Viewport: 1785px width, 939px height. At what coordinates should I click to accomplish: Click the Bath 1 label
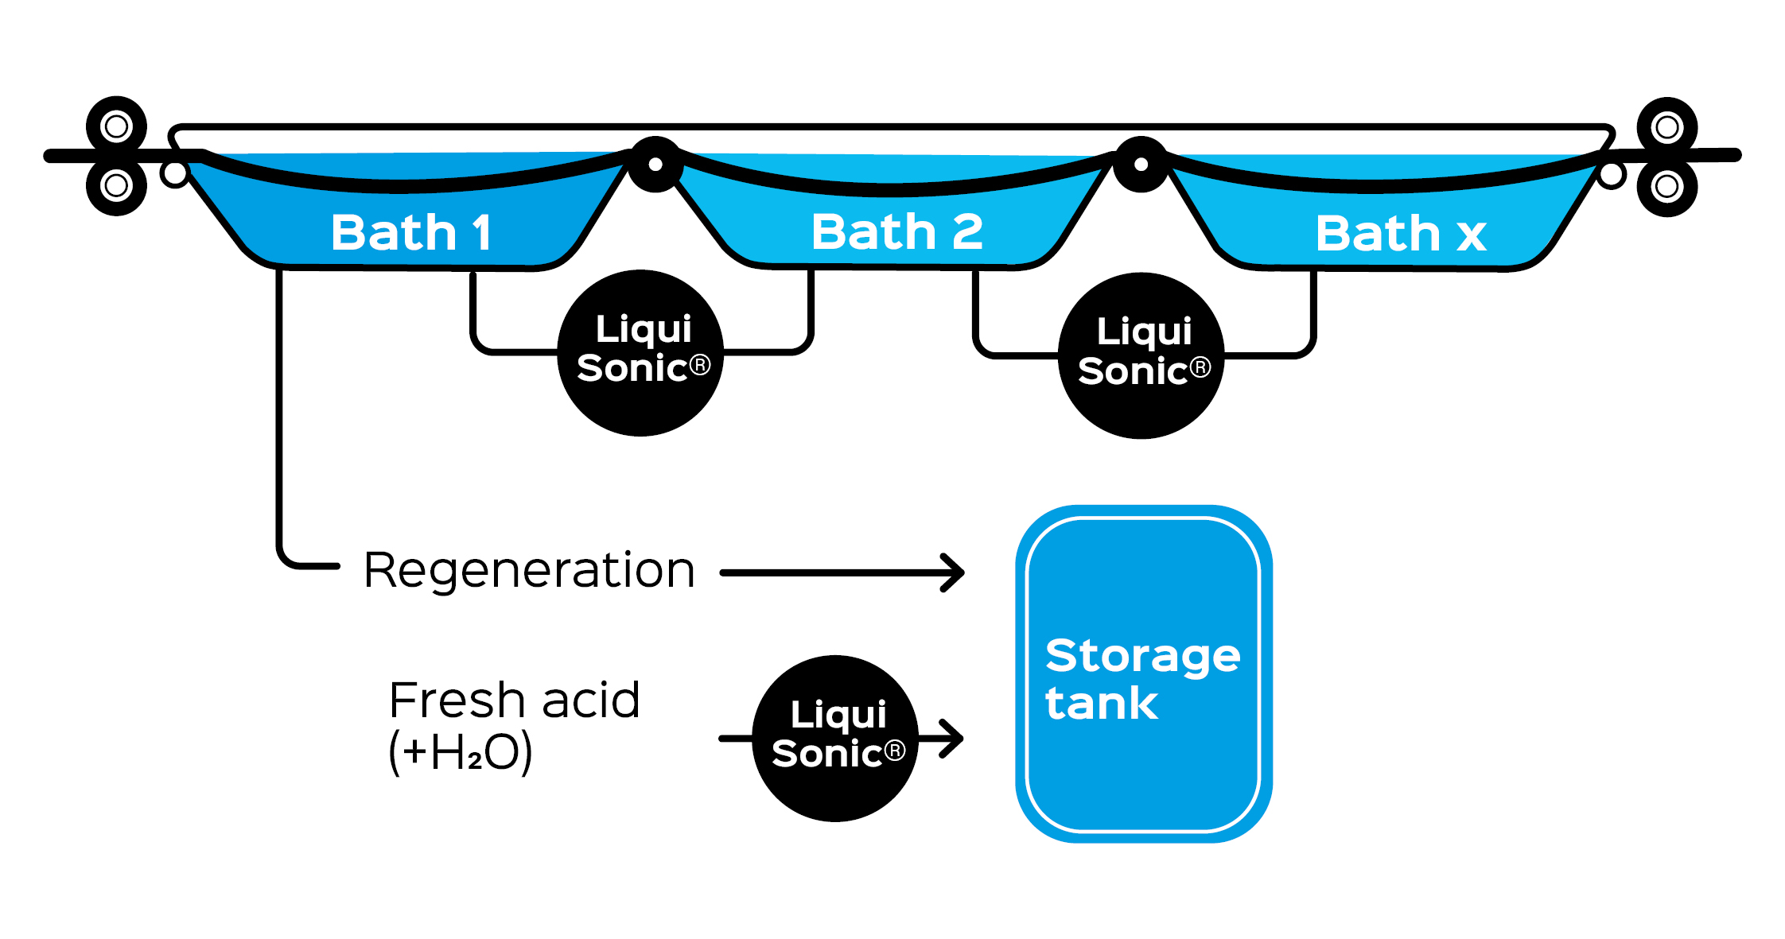pos(411,232)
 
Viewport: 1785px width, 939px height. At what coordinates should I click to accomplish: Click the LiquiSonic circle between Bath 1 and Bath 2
pos(641,353)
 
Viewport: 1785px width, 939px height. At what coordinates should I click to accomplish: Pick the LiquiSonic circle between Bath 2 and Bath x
pos(1141,355)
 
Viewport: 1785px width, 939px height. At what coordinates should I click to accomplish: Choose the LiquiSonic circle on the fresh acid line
pos(835,738)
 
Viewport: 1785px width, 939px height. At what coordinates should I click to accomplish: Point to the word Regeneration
pos(529,570)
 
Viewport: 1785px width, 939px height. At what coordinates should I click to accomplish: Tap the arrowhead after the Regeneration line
pos(955,572)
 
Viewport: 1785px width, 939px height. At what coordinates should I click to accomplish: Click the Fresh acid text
pos(514,700)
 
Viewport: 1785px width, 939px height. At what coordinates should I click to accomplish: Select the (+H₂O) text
pos(460,751)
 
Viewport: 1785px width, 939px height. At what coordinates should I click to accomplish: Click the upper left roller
pos(116,126)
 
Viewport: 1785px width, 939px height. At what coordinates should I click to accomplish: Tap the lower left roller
pos(116,186)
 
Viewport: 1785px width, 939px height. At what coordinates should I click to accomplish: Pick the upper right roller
pos(1666,127)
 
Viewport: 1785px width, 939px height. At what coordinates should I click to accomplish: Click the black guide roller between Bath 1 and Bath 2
pos(655,165)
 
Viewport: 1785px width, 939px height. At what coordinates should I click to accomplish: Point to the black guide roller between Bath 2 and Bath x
pos(1141,165)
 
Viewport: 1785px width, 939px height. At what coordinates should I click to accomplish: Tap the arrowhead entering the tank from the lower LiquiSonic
pos(953,739)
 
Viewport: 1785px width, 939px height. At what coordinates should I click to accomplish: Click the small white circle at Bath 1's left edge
pos(174,173)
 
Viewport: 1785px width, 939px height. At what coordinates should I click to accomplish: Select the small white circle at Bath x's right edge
pos(1612,175)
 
